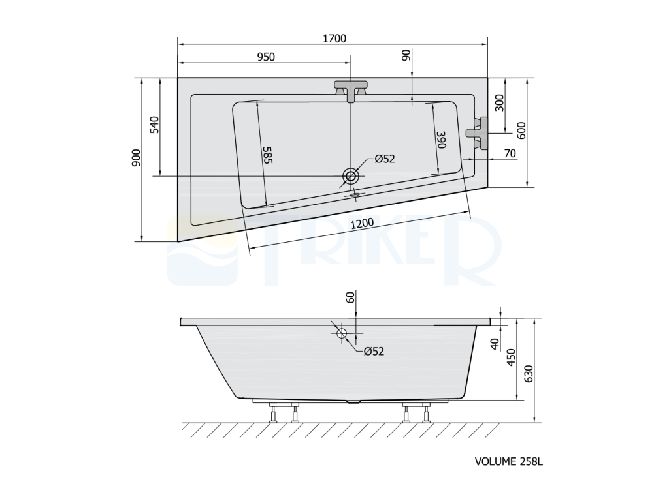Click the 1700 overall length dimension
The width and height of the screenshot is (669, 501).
tap(334, 38)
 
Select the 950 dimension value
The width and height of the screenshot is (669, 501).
tap(266, 57)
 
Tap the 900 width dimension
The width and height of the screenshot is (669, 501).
tap(136, 158)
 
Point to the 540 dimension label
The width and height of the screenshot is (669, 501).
tap(154, 125)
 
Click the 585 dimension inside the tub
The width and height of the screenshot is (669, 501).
tap(267, 155)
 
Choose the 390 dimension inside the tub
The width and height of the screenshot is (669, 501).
tap(441, 140)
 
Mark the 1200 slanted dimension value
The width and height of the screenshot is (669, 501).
tap(362, 223)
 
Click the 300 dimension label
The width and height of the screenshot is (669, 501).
tap(498, 102)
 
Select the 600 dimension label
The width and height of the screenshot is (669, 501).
tap(521, 130)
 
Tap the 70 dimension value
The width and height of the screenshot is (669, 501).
tap(510, 153)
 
